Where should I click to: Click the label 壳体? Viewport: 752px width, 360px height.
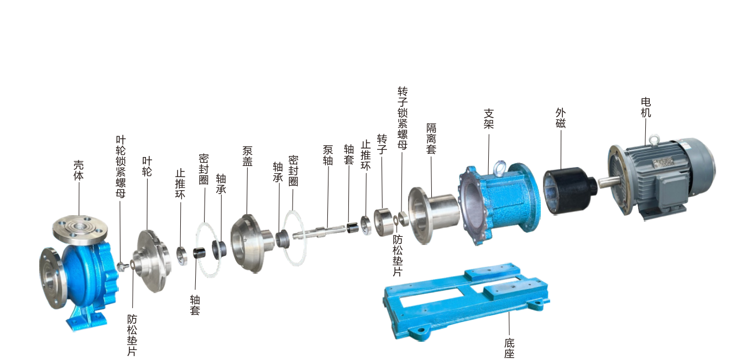pos(79,170)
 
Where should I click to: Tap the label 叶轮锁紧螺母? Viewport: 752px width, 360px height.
pos(121,166)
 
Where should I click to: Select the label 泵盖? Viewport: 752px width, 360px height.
pos(247,156)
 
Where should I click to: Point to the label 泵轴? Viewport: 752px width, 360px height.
pos(328,155)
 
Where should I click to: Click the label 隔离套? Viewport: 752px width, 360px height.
pos(431,138)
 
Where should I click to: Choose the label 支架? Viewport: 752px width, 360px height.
pos(488,118)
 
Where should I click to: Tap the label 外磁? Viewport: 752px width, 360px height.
pos(560,118)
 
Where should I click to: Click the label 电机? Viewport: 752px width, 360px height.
pos(646,107)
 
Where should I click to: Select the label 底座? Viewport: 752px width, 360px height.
pos(509,348)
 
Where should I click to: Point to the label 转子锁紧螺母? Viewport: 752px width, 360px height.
pos(403,118)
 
